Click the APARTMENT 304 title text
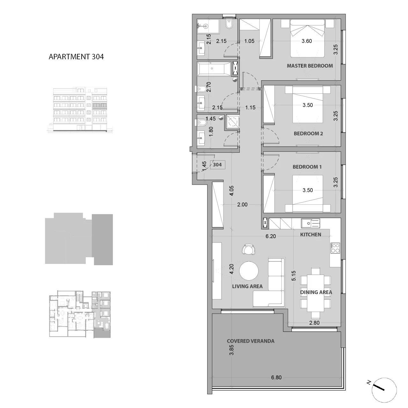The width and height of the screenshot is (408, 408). (x=76, y=57)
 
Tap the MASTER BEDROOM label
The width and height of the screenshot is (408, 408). (x=310, y=66)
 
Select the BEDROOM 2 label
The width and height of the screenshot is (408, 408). (x=308, y=134)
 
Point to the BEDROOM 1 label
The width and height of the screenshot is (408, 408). (x=307, y=167)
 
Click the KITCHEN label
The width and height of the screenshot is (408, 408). (x=310, y=235)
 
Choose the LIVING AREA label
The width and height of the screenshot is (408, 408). (x=247, y=287)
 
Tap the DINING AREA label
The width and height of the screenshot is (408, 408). (x=316, y=292)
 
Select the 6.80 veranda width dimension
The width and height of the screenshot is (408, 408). (x=276, y=377)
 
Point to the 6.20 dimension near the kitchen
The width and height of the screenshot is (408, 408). (x=271, y=236)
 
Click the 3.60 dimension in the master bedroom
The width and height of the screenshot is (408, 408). (x=307, y=41)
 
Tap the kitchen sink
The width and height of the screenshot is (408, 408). (x=310, y=223)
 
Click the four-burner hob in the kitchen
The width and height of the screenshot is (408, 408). (x=335, y=248)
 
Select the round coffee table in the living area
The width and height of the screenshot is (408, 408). (x=249, y=271)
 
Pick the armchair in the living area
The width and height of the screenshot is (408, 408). (x=249, y=249)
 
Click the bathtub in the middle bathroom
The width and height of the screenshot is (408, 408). (x=214, y=69)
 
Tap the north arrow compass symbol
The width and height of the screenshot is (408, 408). (x=384, y=390)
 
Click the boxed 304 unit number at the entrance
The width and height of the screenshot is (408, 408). (x=217, y=165)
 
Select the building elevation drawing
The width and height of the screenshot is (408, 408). (x=80, y=110)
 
